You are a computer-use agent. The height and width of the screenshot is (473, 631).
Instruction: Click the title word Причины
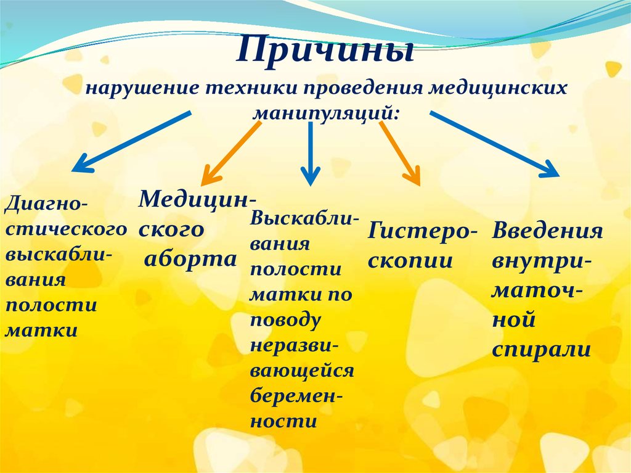[x=325, y=51]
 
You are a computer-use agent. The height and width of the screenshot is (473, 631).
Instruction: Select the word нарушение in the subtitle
[x=142, y=88]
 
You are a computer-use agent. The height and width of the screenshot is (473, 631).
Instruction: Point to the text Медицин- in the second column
[x=198, y=200]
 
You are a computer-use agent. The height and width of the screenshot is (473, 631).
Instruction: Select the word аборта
[x=190, y=260]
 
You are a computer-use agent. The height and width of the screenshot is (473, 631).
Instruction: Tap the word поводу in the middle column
[x=285, y=320]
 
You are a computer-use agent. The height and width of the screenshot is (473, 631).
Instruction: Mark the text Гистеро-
[x=422, y=232]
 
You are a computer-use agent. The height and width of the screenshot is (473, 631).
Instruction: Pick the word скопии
[x=410, y=261]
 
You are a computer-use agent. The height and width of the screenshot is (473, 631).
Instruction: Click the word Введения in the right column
[x=547, y=232]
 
